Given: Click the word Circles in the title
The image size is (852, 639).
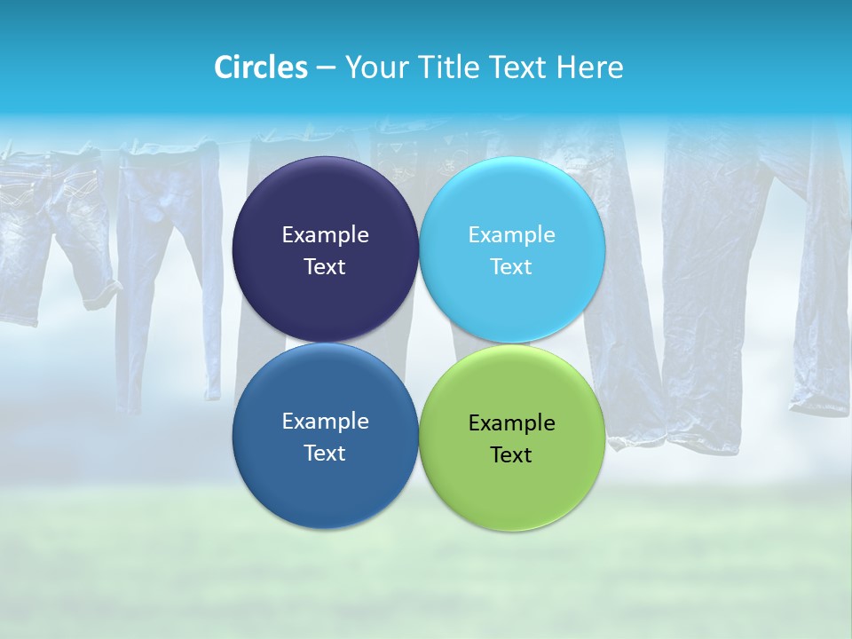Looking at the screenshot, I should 260,67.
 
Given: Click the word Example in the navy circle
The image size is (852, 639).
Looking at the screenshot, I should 325,235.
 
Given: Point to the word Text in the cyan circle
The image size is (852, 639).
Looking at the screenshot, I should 511,267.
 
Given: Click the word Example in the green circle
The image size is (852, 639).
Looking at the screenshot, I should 511,423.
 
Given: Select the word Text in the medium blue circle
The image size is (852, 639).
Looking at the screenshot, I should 325,454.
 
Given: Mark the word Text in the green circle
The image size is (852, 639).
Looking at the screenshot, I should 511,455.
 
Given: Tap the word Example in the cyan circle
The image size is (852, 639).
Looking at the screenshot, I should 511,235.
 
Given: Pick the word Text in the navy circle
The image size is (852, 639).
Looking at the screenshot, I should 325,267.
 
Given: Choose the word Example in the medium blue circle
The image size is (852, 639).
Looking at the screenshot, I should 325,422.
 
